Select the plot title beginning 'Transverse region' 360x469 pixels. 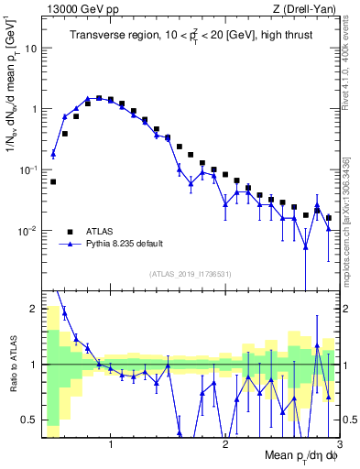[x=189, y=37]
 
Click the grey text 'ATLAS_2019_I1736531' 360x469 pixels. [x=191, y=274]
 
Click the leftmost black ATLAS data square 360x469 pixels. [x=53, y=181]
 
